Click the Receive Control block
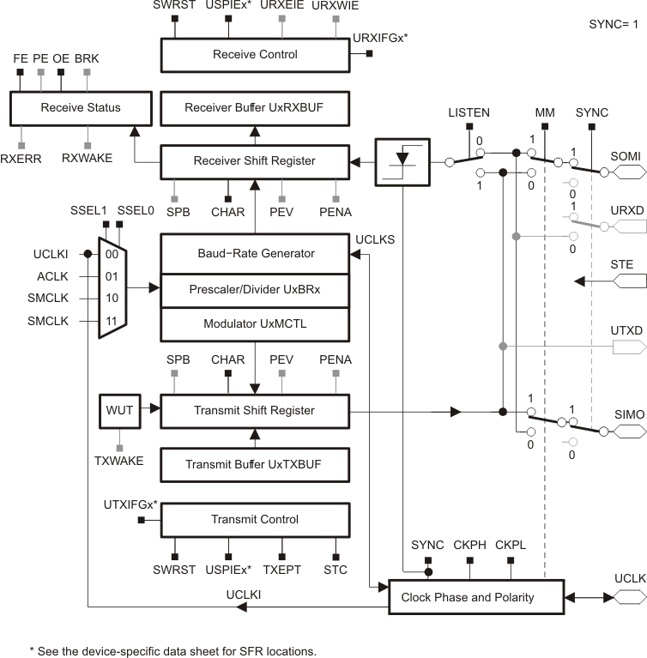255,55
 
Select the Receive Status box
80,108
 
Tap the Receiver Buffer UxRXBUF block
255,108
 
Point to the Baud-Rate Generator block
255,253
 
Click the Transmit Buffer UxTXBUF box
255,465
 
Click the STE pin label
621,264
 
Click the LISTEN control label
469,113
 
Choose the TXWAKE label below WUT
118,461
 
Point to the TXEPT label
282,570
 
